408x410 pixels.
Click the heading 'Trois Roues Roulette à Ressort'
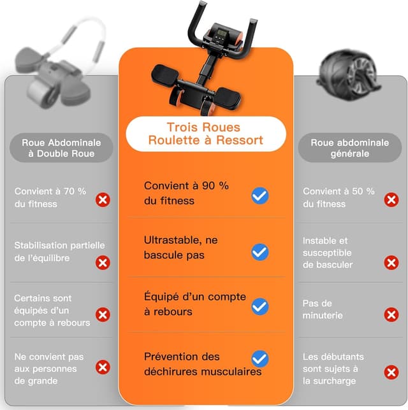tap(205, 134)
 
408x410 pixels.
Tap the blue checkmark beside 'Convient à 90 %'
tap(259, 195)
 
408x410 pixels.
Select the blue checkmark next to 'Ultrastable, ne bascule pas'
tap(259, 252)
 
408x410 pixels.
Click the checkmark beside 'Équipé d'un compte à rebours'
tap(259, 307)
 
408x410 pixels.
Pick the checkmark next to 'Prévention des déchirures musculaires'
tap(259, 359)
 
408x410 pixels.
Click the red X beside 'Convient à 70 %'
tap(103, 200)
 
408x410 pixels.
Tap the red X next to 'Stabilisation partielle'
tap(103, 262)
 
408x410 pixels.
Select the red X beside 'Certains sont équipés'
tap(103, 315)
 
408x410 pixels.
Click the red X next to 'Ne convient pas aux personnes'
tap(103, 367)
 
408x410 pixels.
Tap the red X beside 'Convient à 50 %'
tap(391, 200)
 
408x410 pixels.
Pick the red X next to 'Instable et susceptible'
tap(391, 262)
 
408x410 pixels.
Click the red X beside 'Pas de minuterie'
tap(391, 315)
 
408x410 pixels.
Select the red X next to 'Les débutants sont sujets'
tap(391, 372)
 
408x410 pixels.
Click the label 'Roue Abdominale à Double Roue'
tap(61, 148)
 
